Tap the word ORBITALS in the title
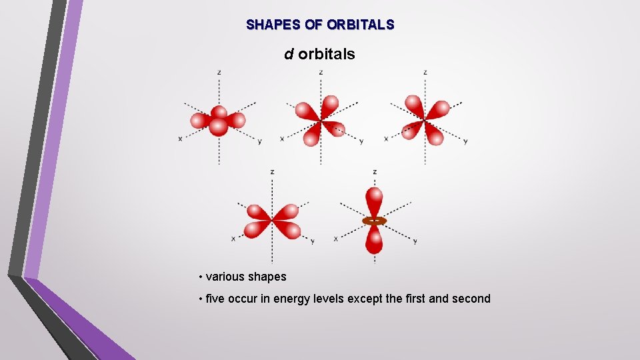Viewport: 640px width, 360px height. (361, 25)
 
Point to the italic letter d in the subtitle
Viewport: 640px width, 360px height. (289, 54)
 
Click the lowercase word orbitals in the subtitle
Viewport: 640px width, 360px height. (327, 54)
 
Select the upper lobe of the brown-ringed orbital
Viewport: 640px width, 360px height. (375, 201)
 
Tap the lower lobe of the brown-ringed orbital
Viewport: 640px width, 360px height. (375, 241)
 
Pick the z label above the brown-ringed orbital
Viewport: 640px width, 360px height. (375, 172)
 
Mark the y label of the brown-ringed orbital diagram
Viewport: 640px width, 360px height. (415, 241)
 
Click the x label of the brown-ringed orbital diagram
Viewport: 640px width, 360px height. (335, 238)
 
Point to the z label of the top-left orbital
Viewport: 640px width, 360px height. (219, 72)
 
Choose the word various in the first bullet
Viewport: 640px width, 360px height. (225, 276)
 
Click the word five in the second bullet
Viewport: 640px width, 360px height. (215, 299)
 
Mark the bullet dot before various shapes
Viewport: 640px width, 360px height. (200, 277)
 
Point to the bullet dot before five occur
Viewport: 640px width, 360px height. (200, 299)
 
